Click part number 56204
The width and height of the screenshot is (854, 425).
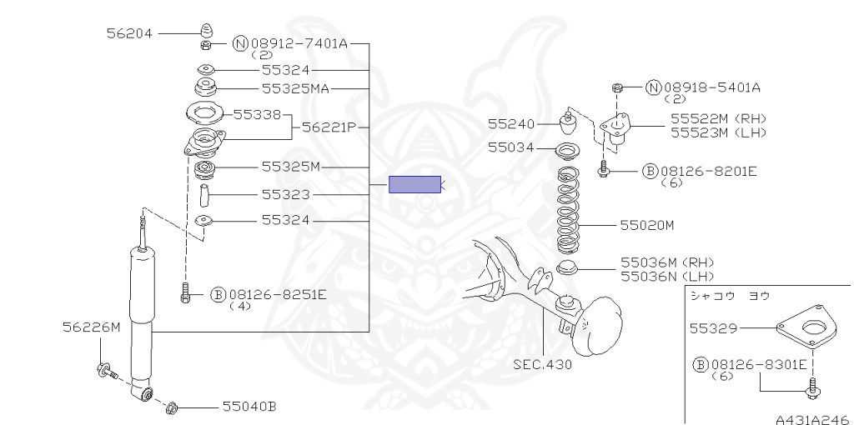[129, 33]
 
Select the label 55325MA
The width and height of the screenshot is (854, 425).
[296, 88]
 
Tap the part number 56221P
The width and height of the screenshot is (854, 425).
[329, 127]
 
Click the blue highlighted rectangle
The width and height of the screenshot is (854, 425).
[414, 184]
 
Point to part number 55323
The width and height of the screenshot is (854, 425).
[285, 194]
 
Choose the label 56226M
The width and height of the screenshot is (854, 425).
[92, 327]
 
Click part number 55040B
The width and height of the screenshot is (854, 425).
[249, 407]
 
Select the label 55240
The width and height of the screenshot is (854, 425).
[511, 124]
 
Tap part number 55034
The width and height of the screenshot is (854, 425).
[511, 147]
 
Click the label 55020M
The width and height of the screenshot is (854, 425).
[647, 225]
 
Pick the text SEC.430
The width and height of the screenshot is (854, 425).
[542, 364]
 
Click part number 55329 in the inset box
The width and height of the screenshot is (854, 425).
[714, 328]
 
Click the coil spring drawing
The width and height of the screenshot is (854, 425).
[569, 210]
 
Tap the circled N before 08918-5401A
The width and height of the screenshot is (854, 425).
[654, 87]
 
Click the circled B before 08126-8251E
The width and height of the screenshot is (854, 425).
[218, 295]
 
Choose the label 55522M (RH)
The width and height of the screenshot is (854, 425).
[718, 118]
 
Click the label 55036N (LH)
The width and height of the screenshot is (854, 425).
[667, 276]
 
